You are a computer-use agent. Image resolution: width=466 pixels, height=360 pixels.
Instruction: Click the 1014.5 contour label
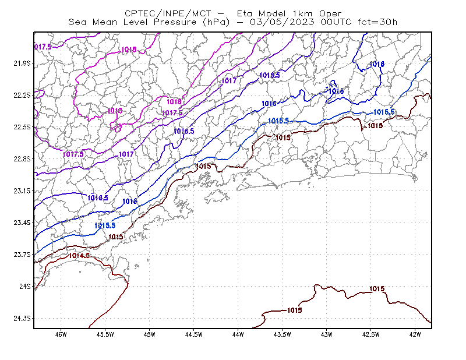click(79, 256)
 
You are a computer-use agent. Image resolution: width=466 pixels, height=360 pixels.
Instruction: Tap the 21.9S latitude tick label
click(22, 63)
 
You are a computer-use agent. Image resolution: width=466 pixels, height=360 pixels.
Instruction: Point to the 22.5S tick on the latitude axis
click(22, 127)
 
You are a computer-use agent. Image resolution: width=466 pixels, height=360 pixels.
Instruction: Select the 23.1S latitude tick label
click(22, 191)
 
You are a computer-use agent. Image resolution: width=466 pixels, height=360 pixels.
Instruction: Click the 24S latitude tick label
click(25, 287)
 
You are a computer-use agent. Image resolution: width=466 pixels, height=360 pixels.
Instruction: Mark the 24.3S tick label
click(22, 319)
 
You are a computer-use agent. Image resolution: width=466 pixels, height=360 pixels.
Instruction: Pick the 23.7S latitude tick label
click(22, 255)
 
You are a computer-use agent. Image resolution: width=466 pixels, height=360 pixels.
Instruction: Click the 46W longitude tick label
click(61, 334)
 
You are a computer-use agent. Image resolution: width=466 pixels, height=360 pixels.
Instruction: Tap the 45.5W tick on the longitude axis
click(105, 334)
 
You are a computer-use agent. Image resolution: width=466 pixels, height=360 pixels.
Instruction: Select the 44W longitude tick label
click(238, 334)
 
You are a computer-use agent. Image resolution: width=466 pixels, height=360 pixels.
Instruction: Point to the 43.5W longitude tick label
click(283, 334)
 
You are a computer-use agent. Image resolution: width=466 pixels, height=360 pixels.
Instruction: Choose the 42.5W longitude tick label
click(371, 334)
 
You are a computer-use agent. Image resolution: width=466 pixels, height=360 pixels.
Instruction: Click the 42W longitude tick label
click(415, 334)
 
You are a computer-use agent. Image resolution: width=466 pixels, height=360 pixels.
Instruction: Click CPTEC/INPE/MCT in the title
click(168, 13)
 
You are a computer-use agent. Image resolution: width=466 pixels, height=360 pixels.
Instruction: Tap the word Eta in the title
click(245, 13)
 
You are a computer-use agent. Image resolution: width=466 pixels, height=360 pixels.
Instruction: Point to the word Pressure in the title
click(175, 22)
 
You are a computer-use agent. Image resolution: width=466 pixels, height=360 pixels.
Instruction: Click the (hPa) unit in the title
click(216, 22)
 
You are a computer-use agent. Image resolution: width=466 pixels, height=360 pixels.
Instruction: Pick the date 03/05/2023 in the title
click(282, 22)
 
